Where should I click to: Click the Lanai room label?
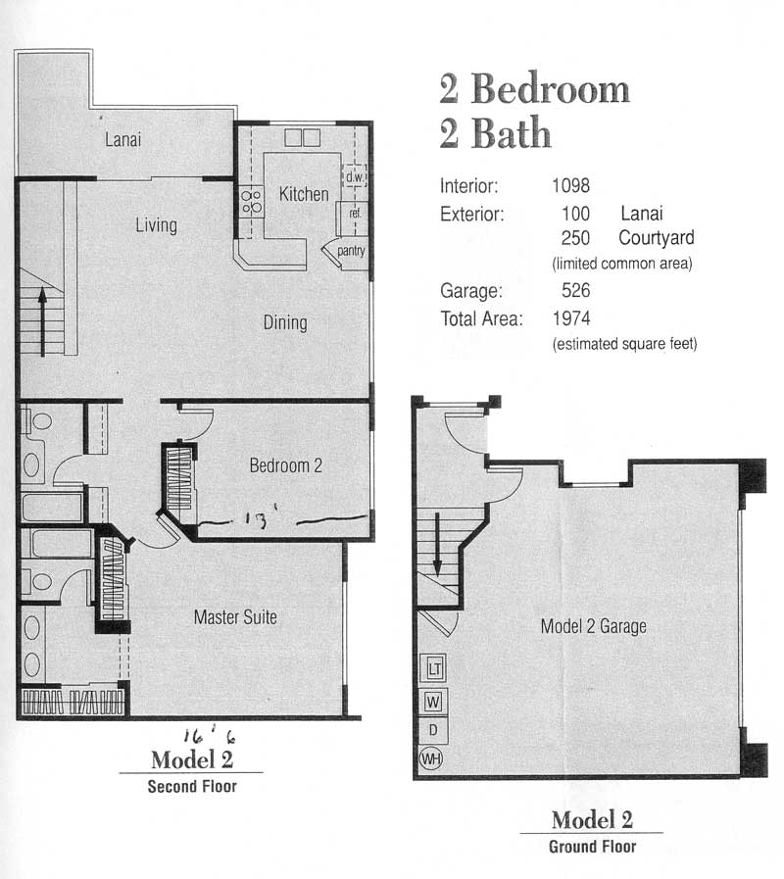click(122, 139)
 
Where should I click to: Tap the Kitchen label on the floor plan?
click(304, 194)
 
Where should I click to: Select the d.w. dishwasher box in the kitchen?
click(354, 176)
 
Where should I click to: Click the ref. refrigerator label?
click(355, 213)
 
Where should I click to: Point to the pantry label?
click(351, 251)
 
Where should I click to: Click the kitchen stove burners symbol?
click(252, 202)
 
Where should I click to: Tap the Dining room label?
click(285, 322)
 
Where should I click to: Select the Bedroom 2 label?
click(286, 465)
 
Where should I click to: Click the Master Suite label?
click(235, 617)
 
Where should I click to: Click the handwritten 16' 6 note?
click(209, 736)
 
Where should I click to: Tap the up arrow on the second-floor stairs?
click(42, 321)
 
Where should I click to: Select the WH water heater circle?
click(430, 759)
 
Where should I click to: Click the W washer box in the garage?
click(433, 702)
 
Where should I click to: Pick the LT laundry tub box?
click(434, 668)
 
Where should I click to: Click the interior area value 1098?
click(571, 185)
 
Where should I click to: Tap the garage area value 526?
click(576, 290)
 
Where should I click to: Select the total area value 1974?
click(571, 318)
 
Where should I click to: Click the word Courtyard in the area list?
click(657, 238)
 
